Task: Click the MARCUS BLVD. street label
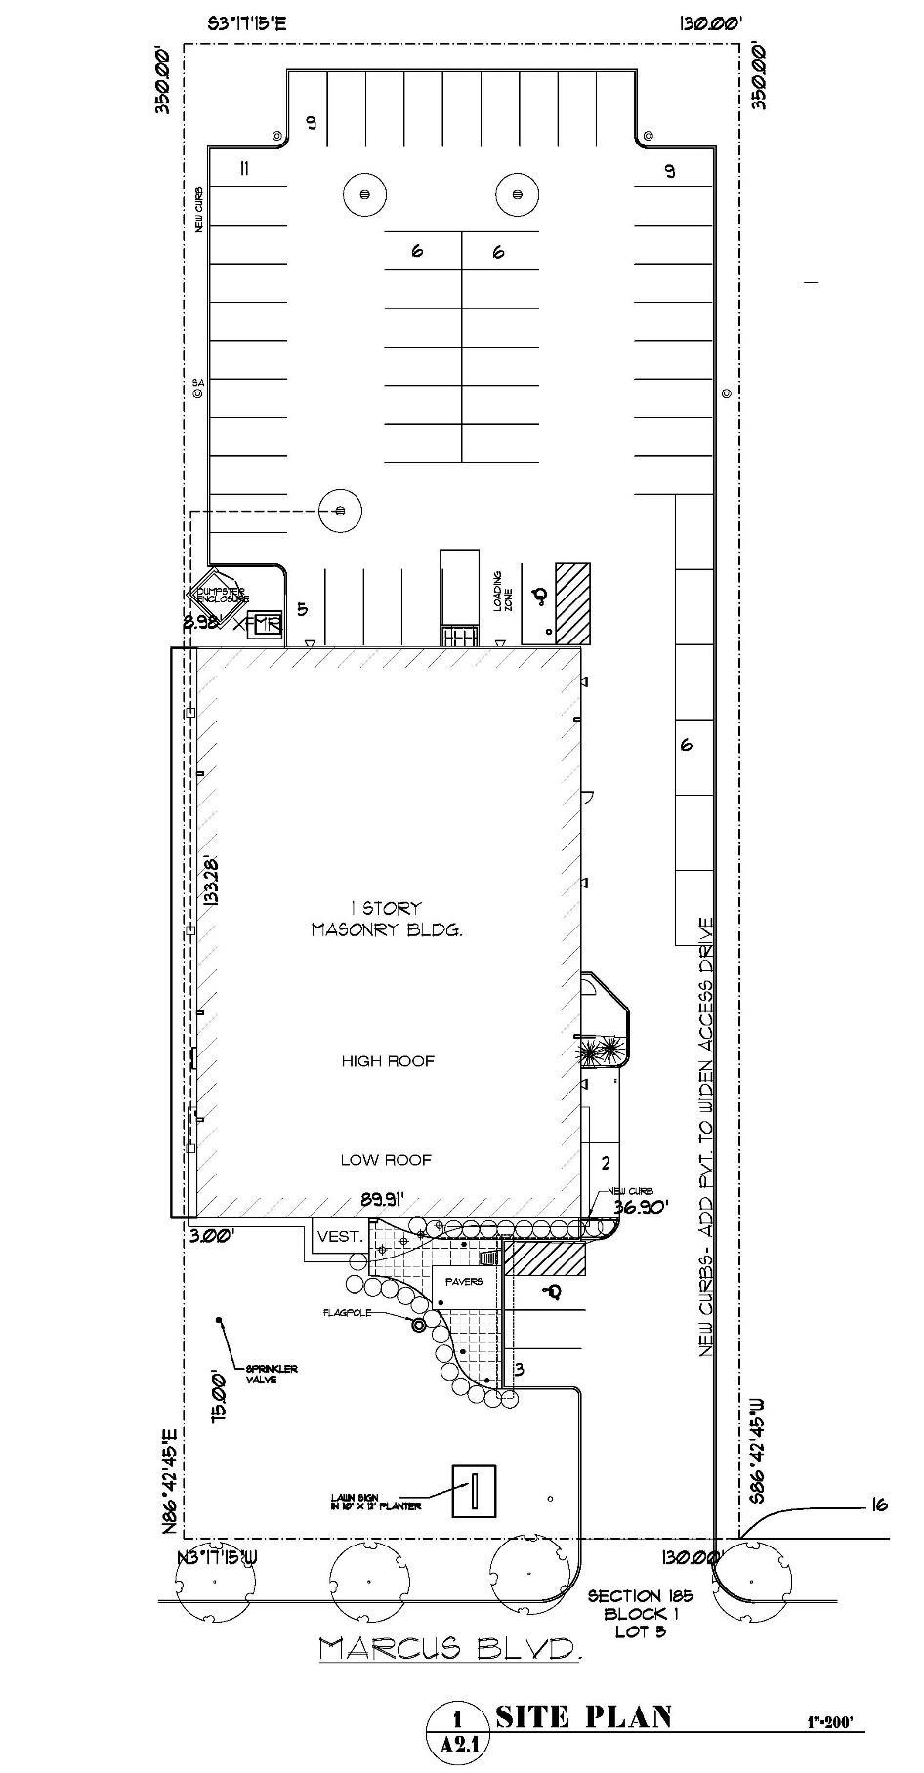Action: click(450, 1649)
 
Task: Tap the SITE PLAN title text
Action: click(583, 1717)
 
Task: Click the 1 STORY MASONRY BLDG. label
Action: click(386, 919)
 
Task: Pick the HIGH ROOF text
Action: click(388, 1060)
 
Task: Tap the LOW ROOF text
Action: click(386, 1159)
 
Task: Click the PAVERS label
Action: click(464, 1281)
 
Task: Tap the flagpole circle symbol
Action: click(420, 1324)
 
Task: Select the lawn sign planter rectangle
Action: click(474, 1492)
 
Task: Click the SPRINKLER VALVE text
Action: click(272, 1374)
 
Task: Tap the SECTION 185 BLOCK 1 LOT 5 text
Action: click(640, 1613)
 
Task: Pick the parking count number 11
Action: click(244, 169)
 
